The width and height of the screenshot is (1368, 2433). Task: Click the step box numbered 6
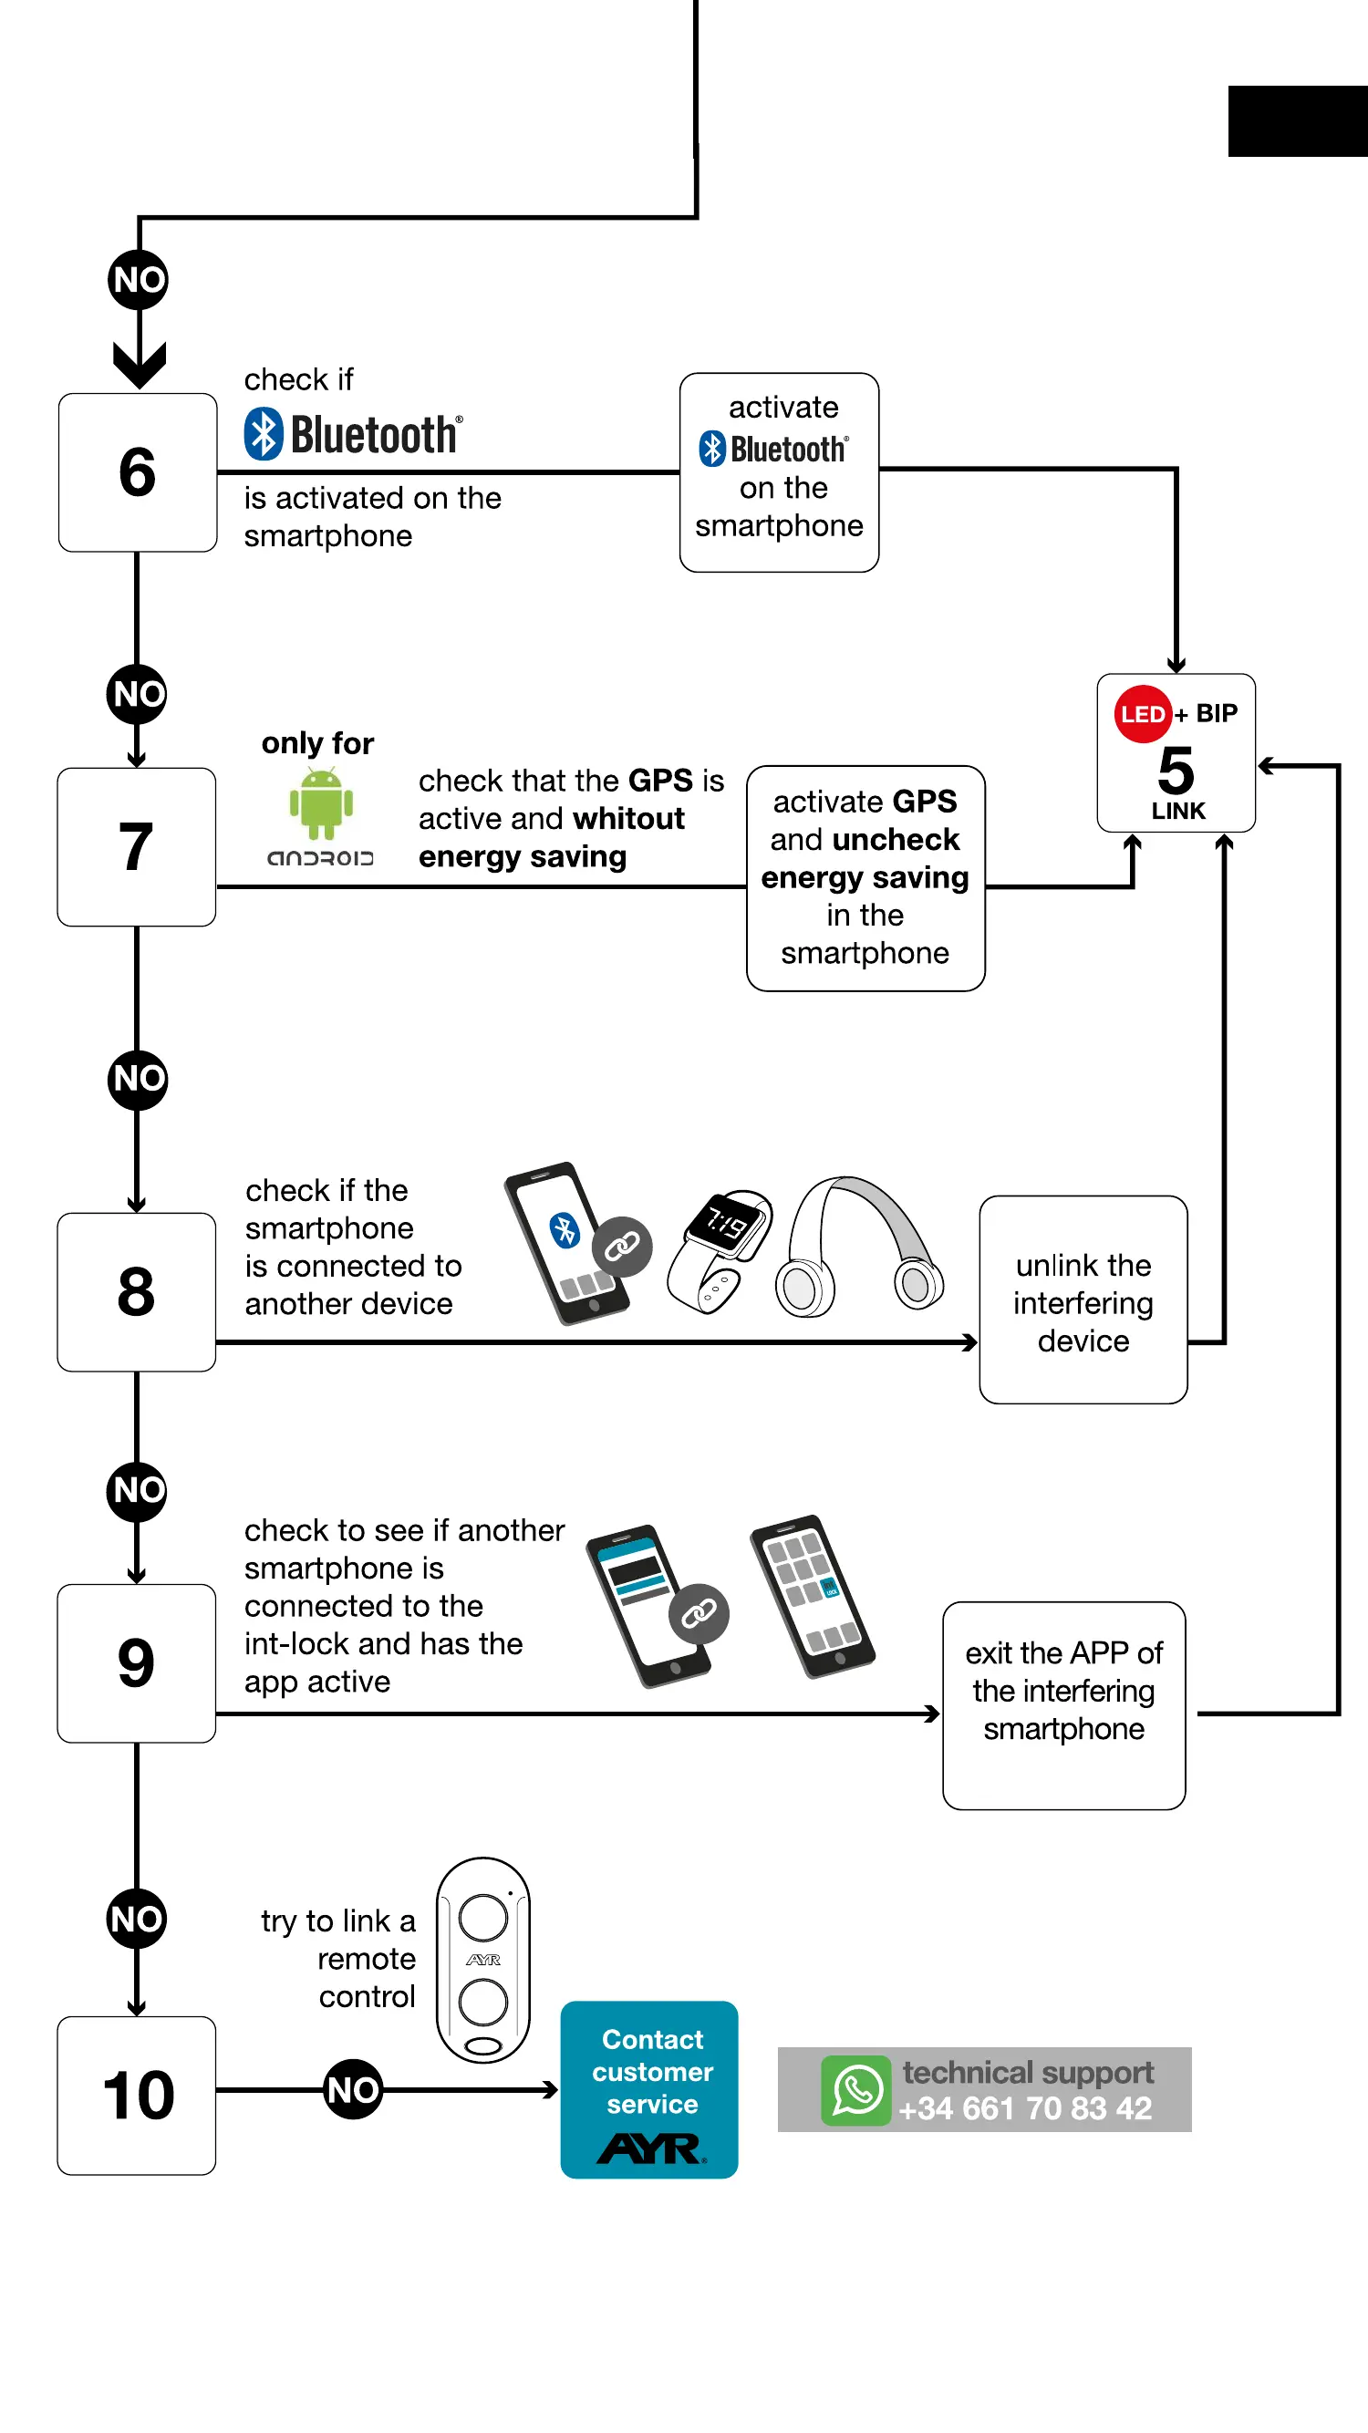(x=137, y=472)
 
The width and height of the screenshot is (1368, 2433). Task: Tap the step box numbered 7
(x=136, y=846)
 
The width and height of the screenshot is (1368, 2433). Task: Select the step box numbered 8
(x=136, y=1291)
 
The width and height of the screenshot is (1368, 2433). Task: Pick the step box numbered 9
(x=136, y=1662)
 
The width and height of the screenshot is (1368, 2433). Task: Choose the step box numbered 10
(x=136, y=2095)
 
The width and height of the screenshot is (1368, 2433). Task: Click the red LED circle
(x=1142, y=714)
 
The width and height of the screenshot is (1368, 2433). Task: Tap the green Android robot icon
(x=321, y=802)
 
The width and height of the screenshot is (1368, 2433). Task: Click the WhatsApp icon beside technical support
(x=856, y=2090)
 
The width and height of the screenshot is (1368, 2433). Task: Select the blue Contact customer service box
(x=649, y=2089)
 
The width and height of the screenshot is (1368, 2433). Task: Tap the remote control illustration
(x=482, y=1959)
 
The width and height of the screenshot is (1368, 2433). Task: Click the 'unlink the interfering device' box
(x=1083, y=1299)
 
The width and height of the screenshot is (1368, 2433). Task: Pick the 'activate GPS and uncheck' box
(x=865, y=877)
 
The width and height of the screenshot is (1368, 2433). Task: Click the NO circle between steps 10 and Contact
(x=353, y=2089)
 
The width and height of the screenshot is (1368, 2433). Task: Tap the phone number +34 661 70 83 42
(x=1026, y=2108)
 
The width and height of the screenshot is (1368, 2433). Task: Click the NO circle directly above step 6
(x=138, y=280)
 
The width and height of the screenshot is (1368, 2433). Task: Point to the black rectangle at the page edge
(x=1298, y=121)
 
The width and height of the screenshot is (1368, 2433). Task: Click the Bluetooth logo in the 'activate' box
(x=773, y=449)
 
